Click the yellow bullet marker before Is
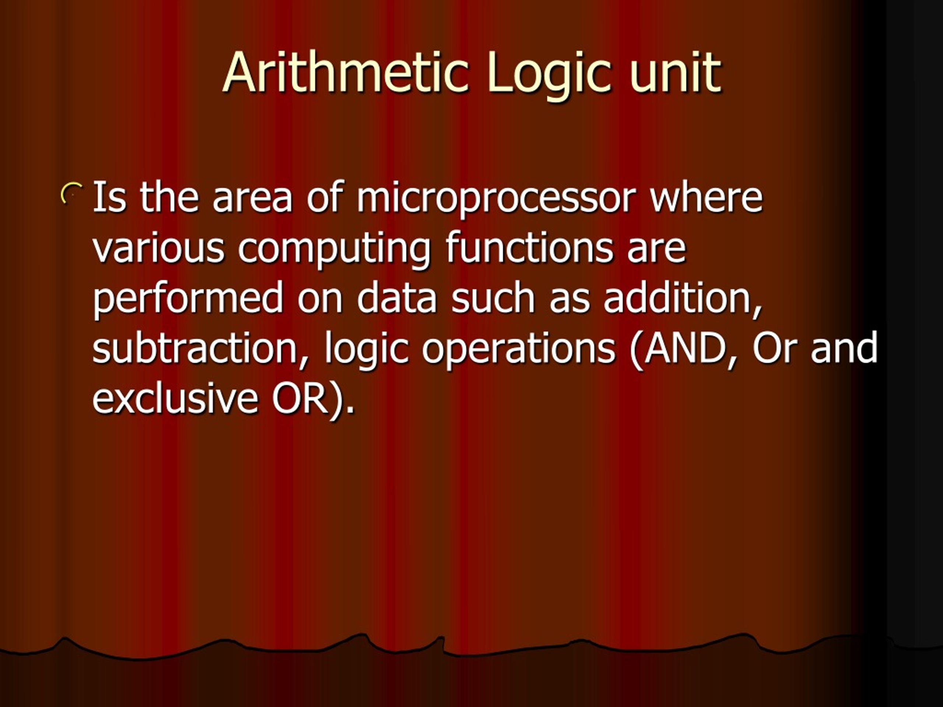click(71, 194)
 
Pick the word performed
click(187, 298)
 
